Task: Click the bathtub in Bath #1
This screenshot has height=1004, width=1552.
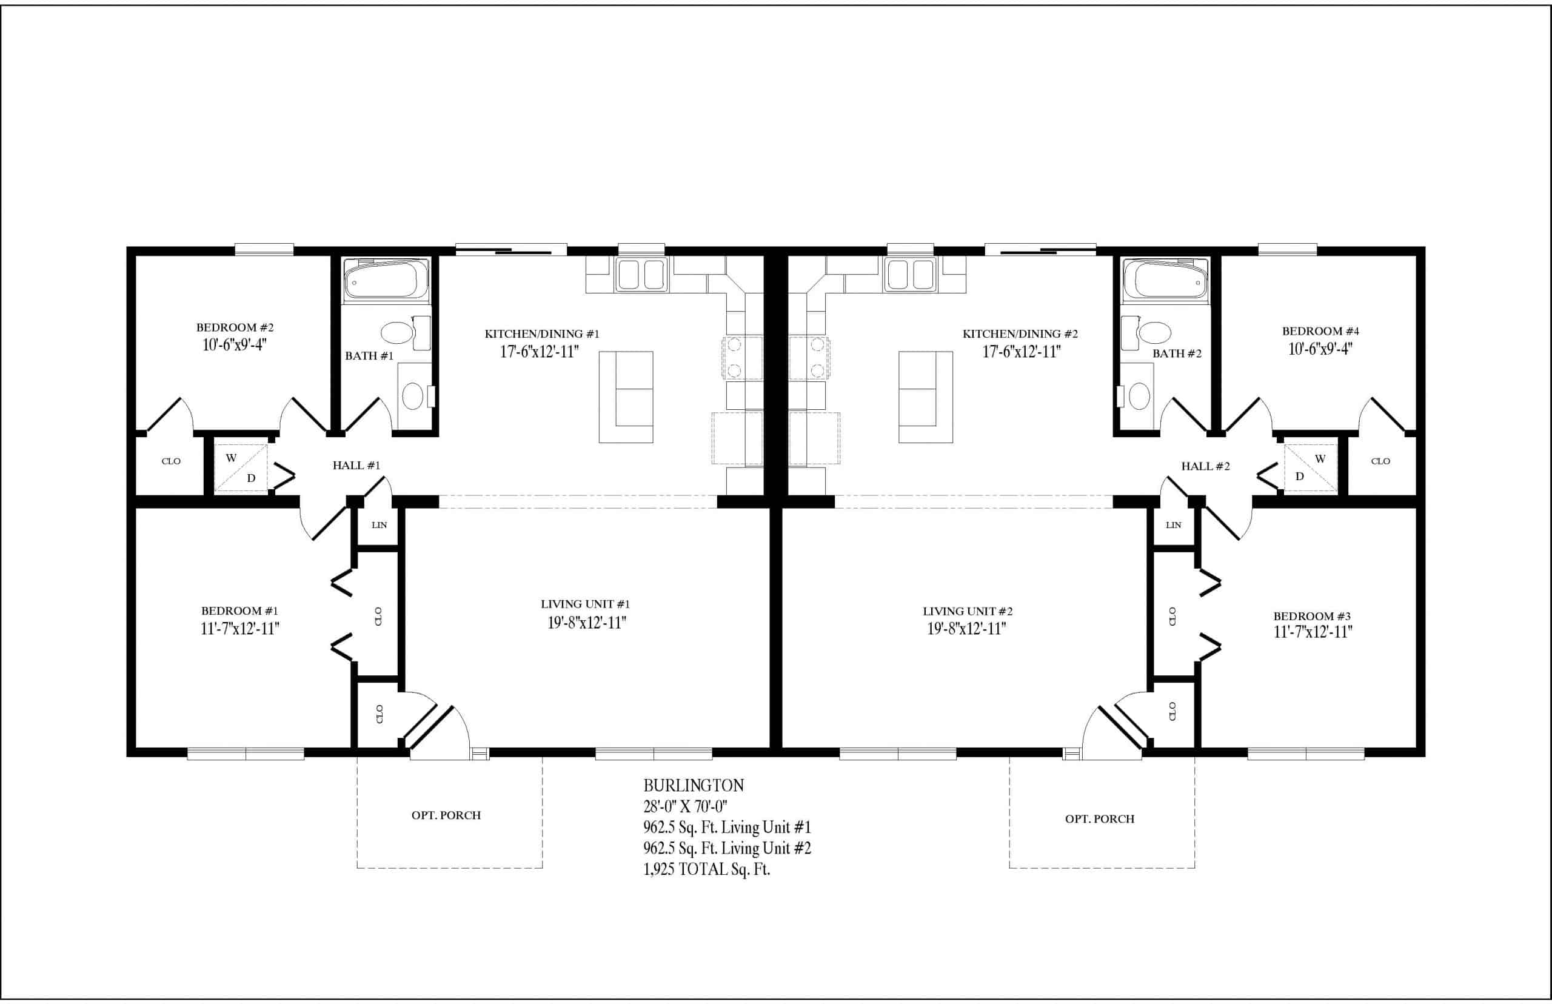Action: [386, 280]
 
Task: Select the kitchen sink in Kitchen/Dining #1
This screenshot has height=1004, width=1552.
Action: [641, 274]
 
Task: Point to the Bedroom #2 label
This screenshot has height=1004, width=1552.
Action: [235, 327]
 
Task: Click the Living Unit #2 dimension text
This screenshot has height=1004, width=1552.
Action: [966, 629]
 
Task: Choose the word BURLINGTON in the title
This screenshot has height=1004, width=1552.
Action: [684, 786]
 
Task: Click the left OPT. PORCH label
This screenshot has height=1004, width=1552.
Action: [446, 815]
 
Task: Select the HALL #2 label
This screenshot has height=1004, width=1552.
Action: [1205, 466]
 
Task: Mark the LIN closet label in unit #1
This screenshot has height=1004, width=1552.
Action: [380, 525]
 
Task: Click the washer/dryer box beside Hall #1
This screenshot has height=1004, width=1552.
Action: [241, 467]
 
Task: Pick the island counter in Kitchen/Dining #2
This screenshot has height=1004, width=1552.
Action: [926, 397]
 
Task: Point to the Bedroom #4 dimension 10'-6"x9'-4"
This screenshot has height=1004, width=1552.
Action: [1320, 349]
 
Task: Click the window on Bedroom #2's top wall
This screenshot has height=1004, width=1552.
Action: [264, 249]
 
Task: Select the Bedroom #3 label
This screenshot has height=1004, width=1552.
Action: [1312, 616]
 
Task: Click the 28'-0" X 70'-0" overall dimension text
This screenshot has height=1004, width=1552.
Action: [685, 806]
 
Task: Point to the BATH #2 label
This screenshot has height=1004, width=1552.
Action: [1177, 353]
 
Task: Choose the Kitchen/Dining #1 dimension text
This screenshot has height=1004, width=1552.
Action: [539, 352]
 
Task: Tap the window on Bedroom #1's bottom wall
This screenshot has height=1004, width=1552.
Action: [246, 754]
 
